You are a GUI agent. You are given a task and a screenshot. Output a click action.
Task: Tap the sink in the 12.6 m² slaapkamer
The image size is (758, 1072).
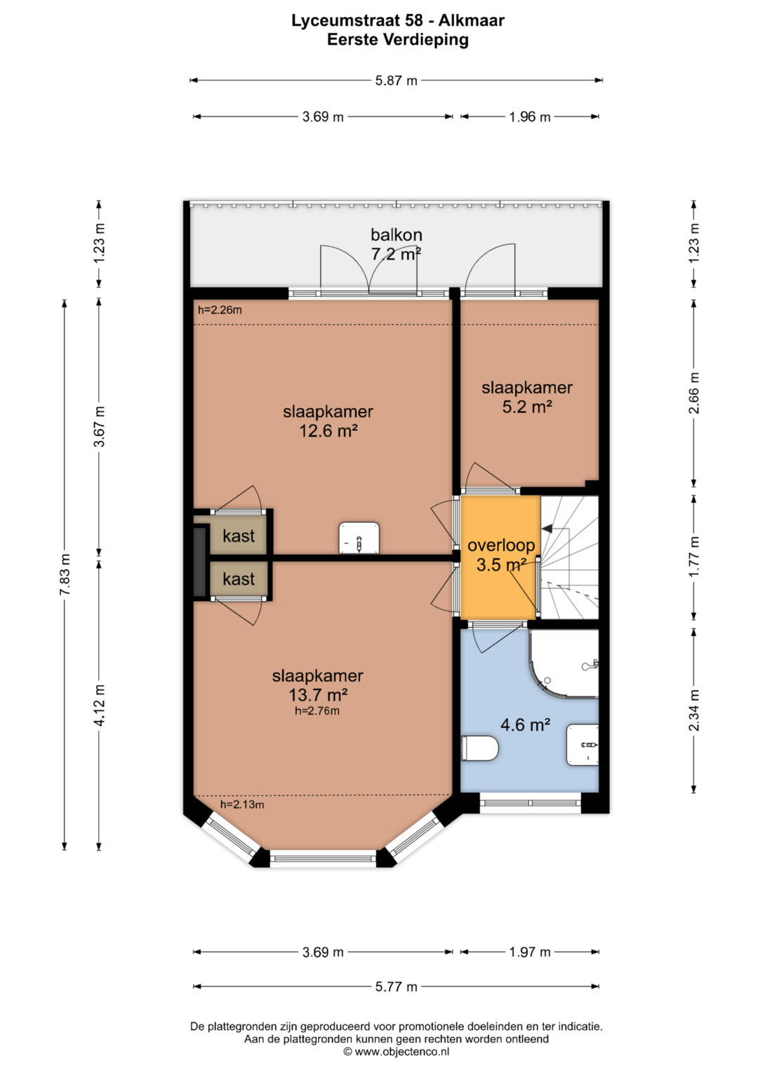tap(359, 538)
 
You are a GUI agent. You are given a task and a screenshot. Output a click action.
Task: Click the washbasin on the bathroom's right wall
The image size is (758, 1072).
tap(583, 745)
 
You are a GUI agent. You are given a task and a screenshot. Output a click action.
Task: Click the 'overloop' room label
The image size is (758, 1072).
tap(501, 545)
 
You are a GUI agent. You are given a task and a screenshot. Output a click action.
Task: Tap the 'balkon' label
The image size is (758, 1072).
tap(397, 234)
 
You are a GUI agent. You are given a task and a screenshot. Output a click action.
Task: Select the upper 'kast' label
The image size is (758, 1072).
tap(239, 536)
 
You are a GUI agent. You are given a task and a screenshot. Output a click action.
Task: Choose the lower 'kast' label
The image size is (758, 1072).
tap(239, 579)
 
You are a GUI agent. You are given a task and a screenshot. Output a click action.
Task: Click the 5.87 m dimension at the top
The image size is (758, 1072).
tap(397, 81)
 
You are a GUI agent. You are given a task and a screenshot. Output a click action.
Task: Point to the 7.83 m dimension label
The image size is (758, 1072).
tap(65, 574)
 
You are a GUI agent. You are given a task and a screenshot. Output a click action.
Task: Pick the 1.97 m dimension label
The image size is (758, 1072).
tap(530, 952)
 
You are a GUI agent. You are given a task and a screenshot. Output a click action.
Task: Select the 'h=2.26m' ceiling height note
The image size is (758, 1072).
tap(220, 310)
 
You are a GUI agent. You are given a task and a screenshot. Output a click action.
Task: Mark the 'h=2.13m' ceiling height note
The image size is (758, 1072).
tap(242, 805)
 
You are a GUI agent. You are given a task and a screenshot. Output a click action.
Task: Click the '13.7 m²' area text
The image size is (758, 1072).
tap(318, 694)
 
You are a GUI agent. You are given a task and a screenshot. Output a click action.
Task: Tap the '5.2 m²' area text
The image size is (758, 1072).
tap(527, 406)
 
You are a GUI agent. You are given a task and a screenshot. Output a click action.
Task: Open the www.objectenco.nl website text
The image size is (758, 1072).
tap(401, 1052)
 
